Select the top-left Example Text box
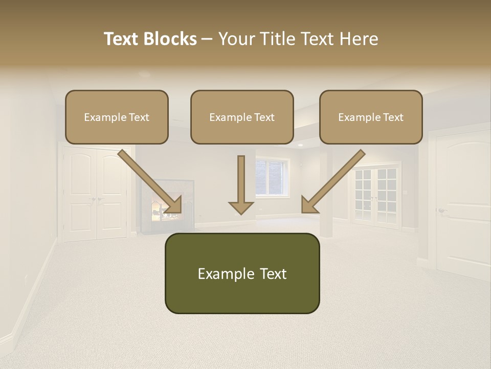117,117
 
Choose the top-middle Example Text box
242,117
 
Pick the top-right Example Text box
371,117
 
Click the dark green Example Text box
242,273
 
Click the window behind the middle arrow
271,177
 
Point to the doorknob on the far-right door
441,210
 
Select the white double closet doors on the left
95,195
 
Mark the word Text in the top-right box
393,117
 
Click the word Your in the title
236,39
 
